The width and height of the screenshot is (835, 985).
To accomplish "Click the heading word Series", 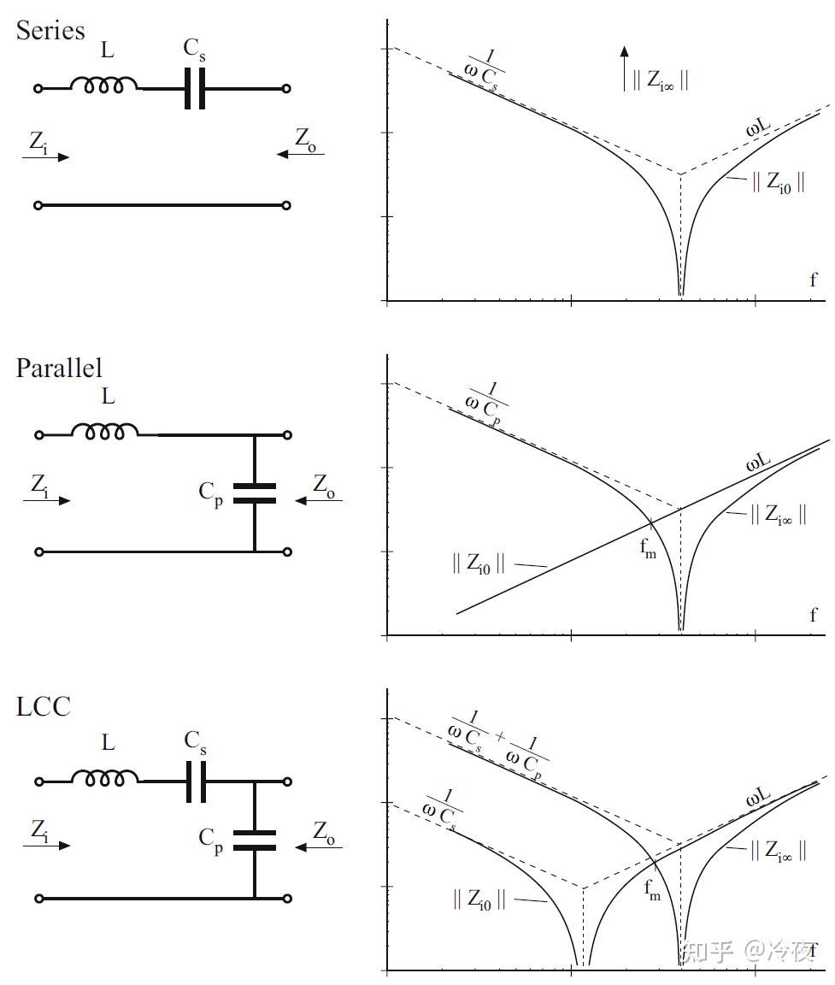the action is (x=50, y=31).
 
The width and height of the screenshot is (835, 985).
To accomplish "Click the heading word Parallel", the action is (x=59, y=368).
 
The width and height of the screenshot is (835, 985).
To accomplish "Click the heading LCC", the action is (x=43, y=707).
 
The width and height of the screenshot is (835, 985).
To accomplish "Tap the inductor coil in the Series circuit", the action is (x=103, y=86).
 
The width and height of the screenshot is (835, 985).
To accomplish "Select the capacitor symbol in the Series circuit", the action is (x=196, y=88).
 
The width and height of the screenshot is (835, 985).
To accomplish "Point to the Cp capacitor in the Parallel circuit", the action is (x=255, y=493).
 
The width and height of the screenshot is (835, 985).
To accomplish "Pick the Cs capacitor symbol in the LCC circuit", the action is (x=196, y=781).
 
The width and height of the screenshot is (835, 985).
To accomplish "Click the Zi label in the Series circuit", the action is (x=38, y=142).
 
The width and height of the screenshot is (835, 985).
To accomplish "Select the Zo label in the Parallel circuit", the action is (x=324, y=484).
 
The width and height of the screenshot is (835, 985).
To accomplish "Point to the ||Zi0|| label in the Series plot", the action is (x=777, y=182).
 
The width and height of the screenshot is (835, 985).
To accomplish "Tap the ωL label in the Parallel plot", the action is (x=757, y=463).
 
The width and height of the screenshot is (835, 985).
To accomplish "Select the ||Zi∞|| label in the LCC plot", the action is (x=778, y=851).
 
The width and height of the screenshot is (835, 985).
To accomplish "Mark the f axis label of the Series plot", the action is (x=812, y=280).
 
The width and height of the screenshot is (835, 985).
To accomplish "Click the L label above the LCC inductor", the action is (x=108, y=743).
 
